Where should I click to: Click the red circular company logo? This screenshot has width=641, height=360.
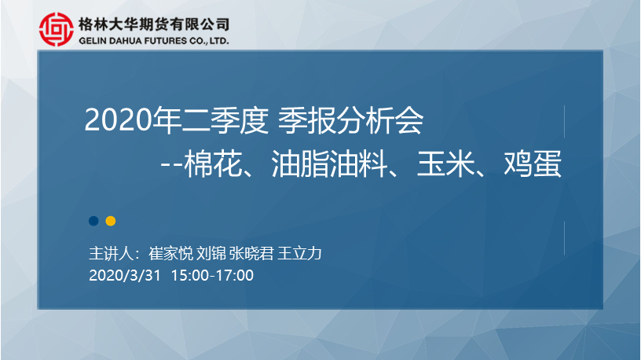57,29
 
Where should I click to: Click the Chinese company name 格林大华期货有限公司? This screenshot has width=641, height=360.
154,24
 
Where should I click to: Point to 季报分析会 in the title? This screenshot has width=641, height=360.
351,120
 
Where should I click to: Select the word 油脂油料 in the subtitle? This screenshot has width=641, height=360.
329,164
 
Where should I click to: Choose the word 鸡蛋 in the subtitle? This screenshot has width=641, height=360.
533,164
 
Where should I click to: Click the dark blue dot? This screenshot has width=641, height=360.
93,221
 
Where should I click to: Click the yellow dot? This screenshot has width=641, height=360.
111,221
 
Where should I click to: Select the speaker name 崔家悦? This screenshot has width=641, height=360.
170,254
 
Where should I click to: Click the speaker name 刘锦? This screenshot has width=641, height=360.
211,254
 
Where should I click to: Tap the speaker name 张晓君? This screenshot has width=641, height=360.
251,254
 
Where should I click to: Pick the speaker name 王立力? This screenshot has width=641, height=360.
299,254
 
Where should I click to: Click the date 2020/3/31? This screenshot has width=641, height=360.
125,275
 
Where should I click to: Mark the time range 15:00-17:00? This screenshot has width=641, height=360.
212,275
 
